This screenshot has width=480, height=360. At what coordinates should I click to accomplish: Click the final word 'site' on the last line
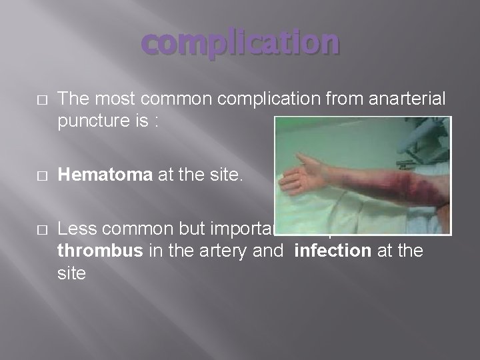tap(72, 273)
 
